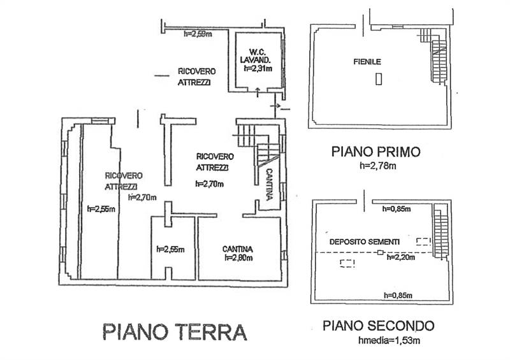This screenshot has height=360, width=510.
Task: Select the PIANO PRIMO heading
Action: [x=375, y=152]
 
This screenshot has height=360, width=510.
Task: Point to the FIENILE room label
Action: [x=367, y=62]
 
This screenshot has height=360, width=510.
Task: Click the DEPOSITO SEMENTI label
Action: [x=364, y=241]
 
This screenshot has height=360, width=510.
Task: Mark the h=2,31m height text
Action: [x=258, y=69]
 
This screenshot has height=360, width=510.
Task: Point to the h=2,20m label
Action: [x=401, y=258]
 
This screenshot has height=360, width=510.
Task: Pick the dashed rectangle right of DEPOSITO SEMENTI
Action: [x=423, y=241]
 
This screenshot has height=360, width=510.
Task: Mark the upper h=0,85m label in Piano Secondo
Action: [x=396, y=208]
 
